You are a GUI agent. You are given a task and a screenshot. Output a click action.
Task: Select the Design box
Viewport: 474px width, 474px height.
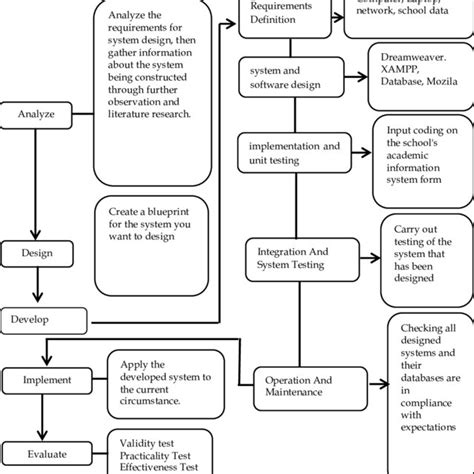37,254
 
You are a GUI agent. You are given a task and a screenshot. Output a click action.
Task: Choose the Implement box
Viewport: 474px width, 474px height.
41,380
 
